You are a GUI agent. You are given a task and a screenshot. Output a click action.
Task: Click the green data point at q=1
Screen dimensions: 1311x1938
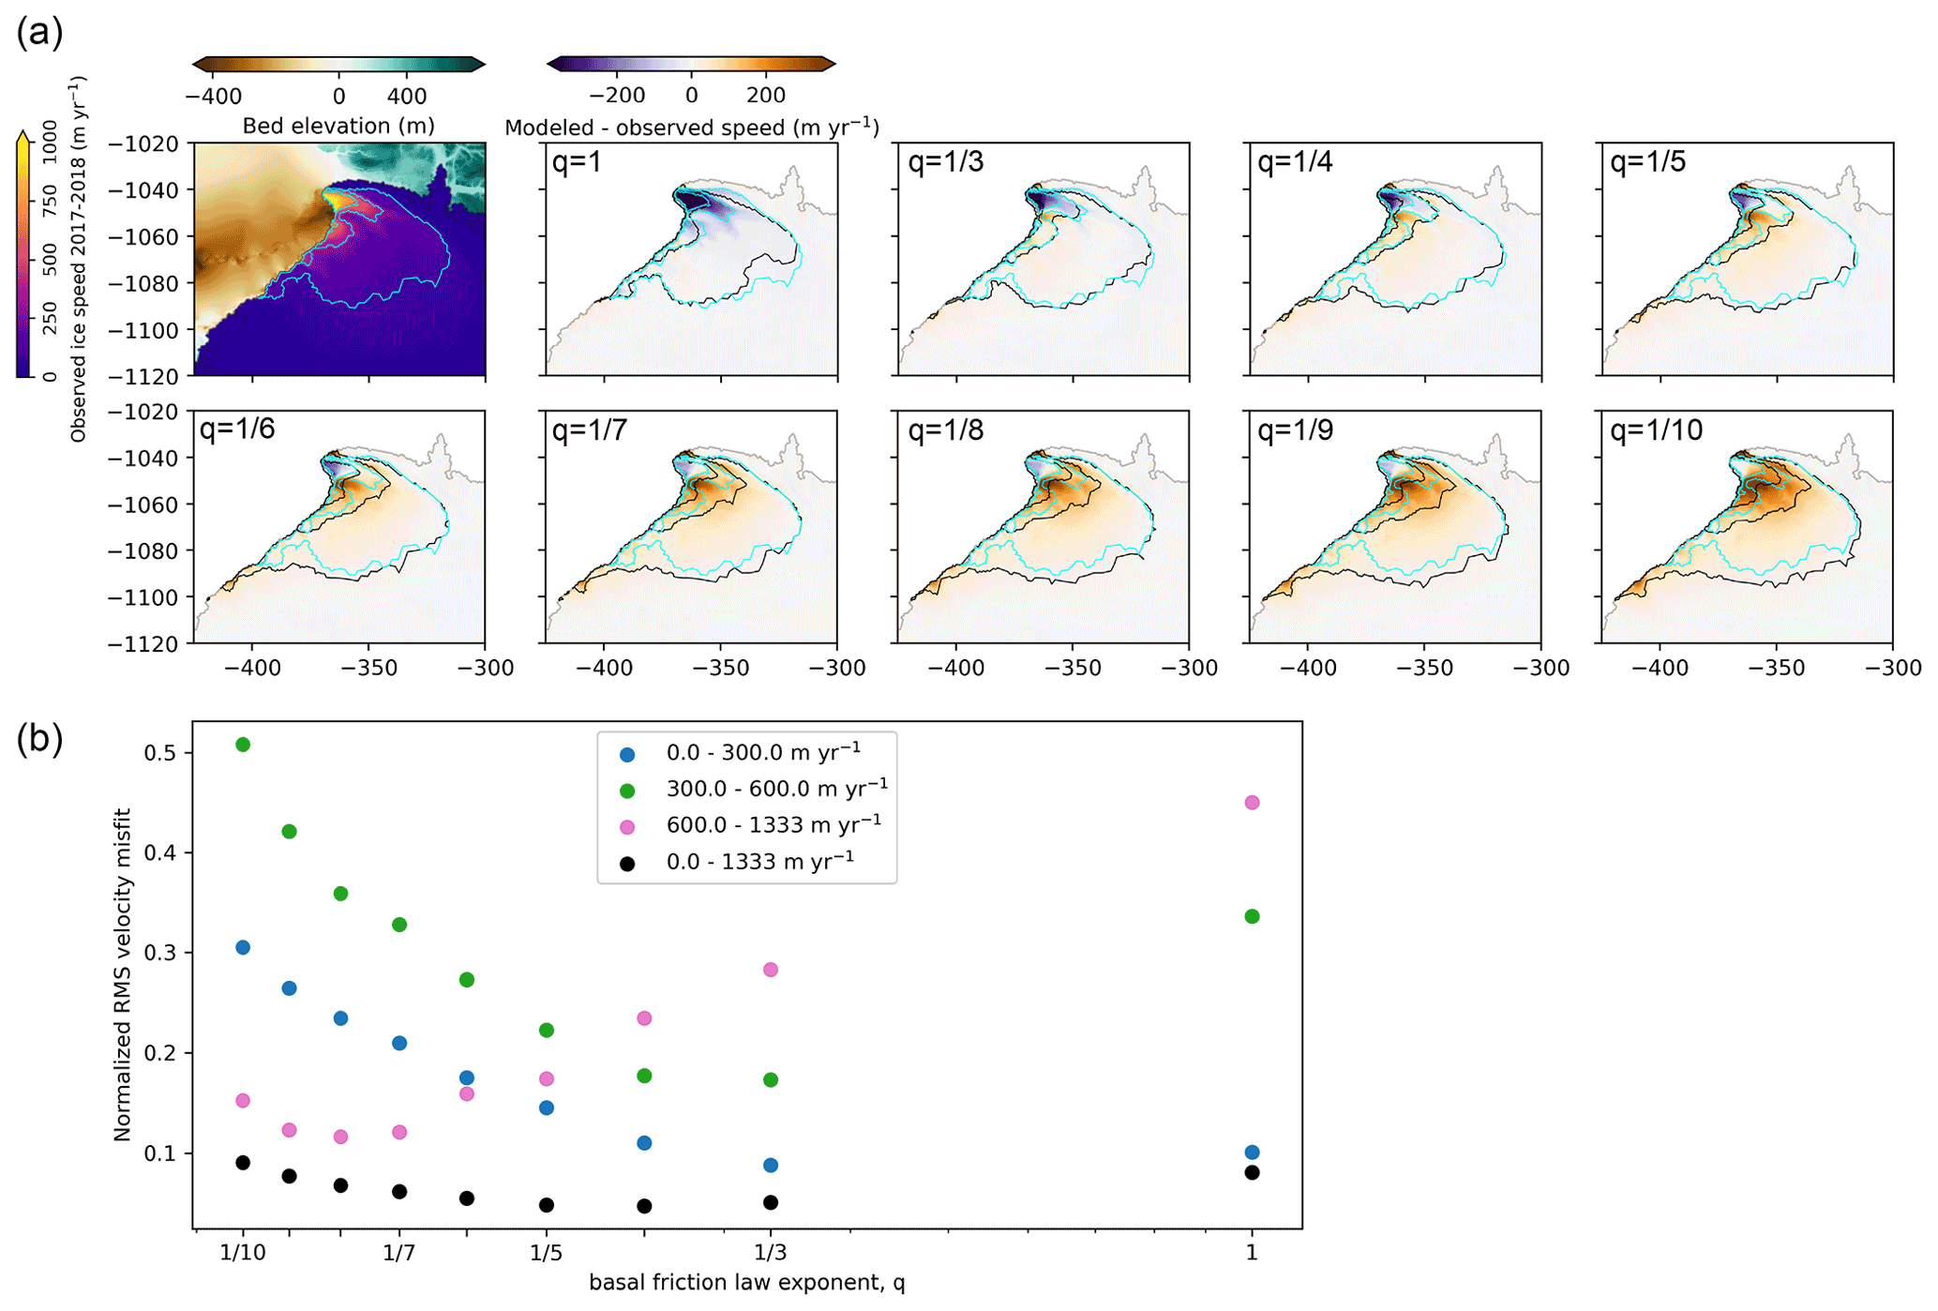[x=1251, y=916]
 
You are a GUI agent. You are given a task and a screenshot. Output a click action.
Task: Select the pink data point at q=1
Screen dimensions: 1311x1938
[x=1251, y=803]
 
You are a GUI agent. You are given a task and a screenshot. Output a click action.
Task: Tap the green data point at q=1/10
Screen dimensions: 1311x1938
[x=243, y=745]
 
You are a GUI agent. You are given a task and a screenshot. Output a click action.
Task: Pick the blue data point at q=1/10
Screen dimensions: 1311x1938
[x=243, y=947]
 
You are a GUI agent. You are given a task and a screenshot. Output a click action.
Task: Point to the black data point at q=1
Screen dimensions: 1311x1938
[x=1251, y=1172]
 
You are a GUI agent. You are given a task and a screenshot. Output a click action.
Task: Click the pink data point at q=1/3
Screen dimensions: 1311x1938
[x=771, y=970]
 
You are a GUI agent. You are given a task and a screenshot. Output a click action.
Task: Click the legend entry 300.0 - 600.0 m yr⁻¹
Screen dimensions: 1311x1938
[x=776, y=789]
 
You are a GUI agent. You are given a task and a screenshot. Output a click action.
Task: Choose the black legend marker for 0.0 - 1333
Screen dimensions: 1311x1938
[x=627, y=864]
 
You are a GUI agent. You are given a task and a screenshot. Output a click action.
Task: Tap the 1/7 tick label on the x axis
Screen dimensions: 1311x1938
[x=399, y=1252]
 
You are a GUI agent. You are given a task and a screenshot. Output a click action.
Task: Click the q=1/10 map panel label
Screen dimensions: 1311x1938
[x=1656, y=430]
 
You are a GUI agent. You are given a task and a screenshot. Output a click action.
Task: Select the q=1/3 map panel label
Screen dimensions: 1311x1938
[x=945, y=162]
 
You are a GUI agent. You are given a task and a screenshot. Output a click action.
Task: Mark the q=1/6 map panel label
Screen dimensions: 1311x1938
[x=237, y=430]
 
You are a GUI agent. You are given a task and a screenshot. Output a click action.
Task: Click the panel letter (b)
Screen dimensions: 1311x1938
[x=39, y=739]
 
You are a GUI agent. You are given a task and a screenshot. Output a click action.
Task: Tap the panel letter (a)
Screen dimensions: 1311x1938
[x=39, y=33]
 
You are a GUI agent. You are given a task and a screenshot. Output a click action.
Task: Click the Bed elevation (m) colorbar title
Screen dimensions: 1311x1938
[x=338, y=126]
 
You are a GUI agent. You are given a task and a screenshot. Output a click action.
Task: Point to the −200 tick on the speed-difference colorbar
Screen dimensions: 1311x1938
[x=617, y=96]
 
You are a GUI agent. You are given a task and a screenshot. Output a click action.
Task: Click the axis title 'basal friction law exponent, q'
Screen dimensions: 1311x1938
[x=746, y=1282]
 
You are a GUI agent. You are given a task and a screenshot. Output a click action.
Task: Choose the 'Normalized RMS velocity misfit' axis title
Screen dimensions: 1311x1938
[x=122, y=974]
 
